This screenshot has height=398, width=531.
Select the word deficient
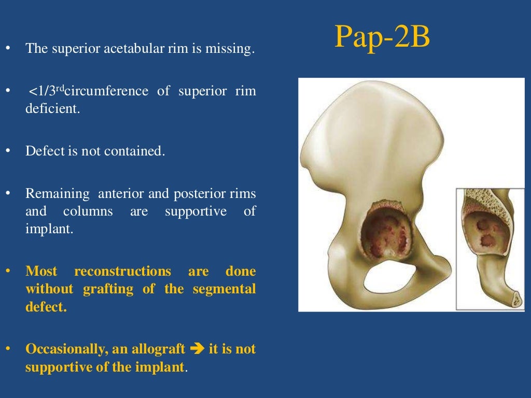(53, 109)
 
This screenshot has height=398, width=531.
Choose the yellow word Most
(41, 272)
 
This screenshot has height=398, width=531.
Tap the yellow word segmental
(224, 289)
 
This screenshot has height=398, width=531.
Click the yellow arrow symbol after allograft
(198, 349)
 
